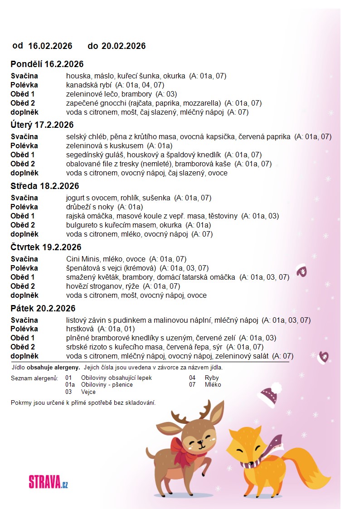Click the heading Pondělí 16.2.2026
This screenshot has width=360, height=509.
point(47,64)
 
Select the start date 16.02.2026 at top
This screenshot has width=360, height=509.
point(50,46)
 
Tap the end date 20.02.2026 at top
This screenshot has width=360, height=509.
point(123,46)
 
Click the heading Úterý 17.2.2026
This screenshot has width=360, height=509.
point(42,125)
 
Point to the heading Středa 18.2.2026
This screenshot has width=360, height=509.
point(45,186)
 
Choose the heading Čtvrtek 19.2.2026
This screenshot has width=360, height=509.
point(46,247)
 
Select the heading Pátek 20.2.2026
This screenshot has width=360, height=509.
point(43,308)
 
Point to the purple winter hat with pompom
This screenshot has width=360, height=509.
point(270,393)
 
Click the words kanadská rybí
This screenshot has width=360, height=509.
point(89,85)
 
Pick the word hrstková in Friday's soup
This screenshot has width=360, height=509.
point(79,329)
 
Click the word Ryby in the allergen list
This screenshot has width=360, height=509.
point(212,378)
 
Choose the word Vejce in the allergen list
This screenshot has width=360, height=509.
point(88,392)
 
